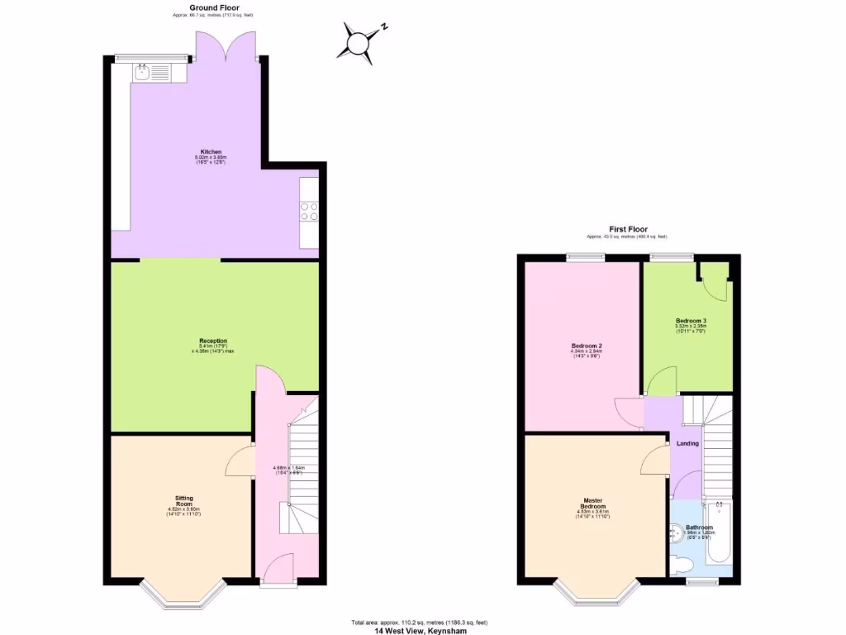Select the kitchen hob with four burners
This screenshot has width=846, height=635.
[310, 212]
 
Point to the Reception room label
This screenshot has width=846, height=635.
[212, 341]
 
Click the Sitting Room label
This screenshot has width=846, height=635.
[183, 499]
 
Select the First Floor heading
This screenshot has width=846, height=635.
[630, 229]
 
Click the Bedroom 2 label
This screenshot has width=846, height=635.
[585, 346]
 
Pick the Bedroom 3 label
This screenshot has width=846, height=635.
[691, 321]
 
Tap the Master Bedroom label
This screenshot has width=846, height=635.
[592, 501]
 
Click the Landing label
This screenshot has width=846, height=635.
[687, 443]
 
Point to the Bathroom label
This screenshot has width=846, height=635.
[699, 527]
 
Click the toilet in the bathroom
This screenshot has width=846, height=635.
[682, 566]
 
